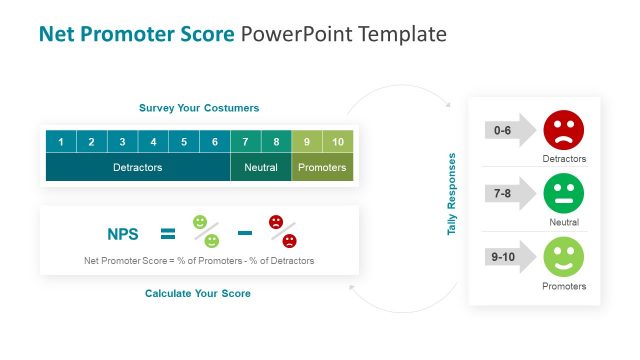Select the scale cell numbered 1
61,142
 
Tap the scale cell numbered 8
276,142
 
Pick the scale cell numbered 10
338,142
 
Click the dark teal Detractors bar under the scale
137,168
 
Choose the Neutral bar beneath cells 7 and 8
261,168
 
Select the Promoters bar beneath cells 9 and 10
323,168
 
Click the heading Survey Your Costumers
198,108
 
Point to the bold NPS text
124,234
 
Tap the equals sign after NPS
168,234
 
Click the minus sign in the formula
244,233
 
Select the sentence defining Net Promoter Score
199,261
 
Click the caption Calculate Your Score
198,294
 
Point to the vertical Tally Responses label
452,194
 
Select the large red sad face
563,129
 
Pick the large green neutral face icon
563,193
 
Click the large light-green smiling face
563,257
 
